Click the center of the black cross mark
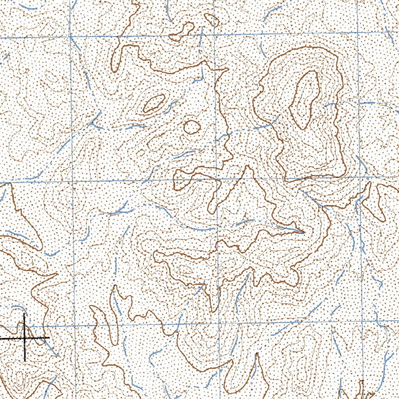point(25,338)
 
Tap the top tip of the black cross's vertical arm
point(25,313)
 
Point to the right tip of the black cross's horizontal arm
point(49,337)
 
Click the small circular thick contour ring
point(191,127)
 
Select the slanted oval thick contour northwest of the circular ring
point(154,103)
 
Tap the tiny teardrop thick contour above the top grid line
point(212,19)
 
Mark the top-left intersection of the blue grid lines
point(71,37)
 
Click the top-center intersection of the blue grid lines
point(215,35)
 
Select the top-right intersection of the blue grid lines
point(358,32)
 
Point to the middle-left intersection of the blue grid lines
point(72,181)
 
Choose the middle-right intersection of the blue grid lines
point(360,177)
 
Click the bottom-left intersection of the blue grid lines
point(74,325)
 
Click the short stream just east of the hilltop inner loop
point(330,104)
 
